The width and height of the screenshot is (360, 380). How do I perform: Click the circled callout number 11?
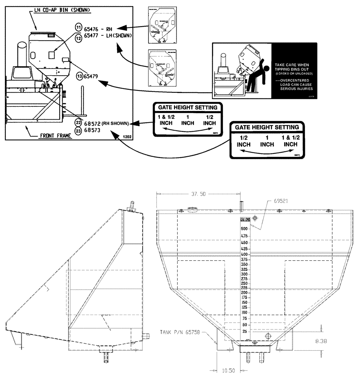(x=78, y=28)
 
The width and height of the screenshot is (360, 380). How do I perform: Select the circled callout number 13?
(x=79, y=76)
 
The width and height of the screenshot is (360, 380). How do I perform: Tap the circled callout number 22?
(x=78, y=123)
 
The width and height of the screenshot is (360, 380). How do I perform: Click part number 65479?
(x=91, y=76)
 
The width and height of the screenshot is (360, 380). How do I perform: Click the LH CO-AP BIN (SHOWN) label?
(x=60, y=9)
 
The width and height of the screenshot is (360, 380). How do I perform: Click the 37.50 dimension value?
(x=198, y=194)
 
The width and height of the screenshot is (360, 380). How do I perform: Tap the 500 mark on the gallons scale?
(x=244, y=228)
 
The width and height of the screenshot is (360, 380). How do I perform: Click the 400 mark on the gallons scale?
(x=244, y=254)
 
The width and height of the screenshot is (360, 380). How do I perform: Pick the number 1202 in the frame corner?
(x=127, y=136)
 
